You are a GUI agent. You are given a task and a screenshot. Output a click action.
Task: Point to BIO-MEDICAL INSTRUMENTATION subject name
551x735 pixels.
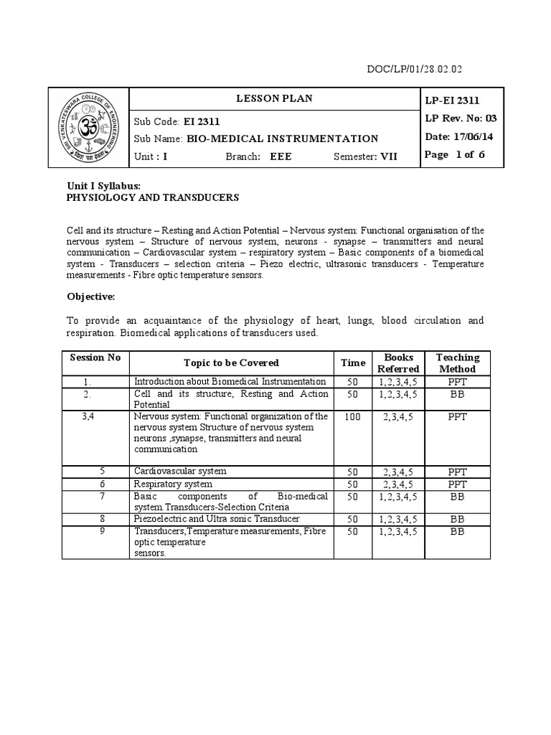click(282, 139)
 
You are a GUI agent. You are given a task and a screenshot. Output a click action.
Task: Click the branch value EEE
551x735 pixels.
click(281, 156)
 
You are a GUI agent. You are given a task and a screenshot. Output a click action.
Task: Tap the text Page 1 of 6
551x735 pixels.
click(454, 155)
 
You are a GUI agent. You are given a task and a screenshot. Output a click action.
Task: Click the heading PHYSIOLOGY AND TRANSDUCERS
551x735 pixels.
click(153, 197)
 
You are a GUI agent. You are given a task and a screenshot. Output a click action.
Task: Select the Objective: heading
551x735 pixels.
click(91, 296)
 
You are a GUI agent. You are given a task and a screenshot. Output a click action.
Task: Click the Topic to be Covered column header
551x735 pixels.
click(231, 363)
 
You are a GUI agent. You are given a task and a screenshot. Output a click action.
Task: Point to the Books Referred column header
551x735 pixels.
click(398, 363)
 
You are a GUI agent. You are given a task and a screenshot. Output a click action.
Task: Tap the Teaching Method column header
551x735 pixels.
click(458, 363)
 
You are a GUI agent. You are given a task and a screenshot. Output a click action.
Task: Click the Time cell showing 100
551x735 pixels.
click(353, 417)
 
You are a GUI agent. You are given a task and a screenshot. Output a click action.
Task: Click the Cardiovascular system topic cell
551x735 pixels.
click(180, 472)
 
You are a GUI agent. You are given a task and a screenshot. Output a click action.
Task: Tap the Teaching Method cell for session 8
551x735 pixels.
click(458, 519)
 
